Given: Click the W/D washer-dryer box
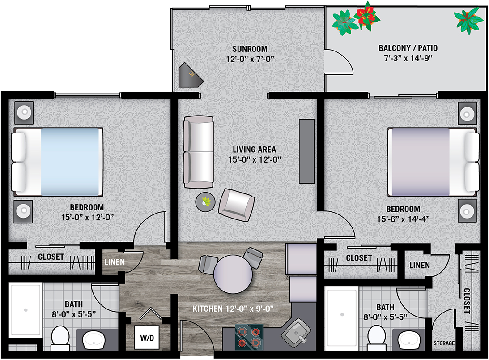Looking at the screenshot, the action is (x=147, y=337).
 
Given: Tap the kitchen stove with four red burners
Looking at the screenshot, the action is (x=249, y=337).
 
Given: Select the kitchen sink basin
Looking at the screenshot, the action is (x=296, y=333).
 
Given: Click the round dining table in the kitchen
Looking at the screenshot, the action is (x=233, y=274).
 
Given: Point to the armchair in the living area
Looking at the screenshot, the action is (x=236, y=205).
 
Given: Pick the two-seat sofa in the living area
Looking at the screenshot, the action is (x=198, y=152).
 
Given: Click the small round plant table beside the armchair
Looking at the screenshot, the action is (x=205, y=202).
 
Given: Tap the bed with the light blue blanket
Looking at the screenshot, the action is (x=57, y=162).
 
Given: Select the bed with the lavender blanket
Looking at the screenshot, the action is (x=433, y=162).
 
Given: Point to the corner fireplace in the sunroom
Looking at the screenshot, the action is (x=190, y=75).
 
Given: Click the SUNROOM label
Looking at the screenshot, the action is (x=250, y=49).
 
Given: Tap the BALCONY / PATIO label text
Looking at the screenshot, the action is (x=408, y=48).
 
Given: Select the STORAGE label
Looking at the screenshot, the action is (x=444, y=343).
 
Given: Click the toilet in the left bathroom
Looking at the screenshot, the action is (x=60, y=339).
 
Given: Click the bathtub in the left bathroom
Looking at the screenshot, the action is (x=25, y=310).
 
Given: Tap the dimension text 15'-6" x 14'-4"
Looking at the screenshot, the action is (x=403, y=219).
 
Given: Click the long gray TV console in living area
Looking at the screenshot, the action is (x=306, y=151).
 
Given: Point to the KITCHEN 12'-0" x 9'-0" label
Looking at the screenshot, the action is (x=233, y=309).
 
